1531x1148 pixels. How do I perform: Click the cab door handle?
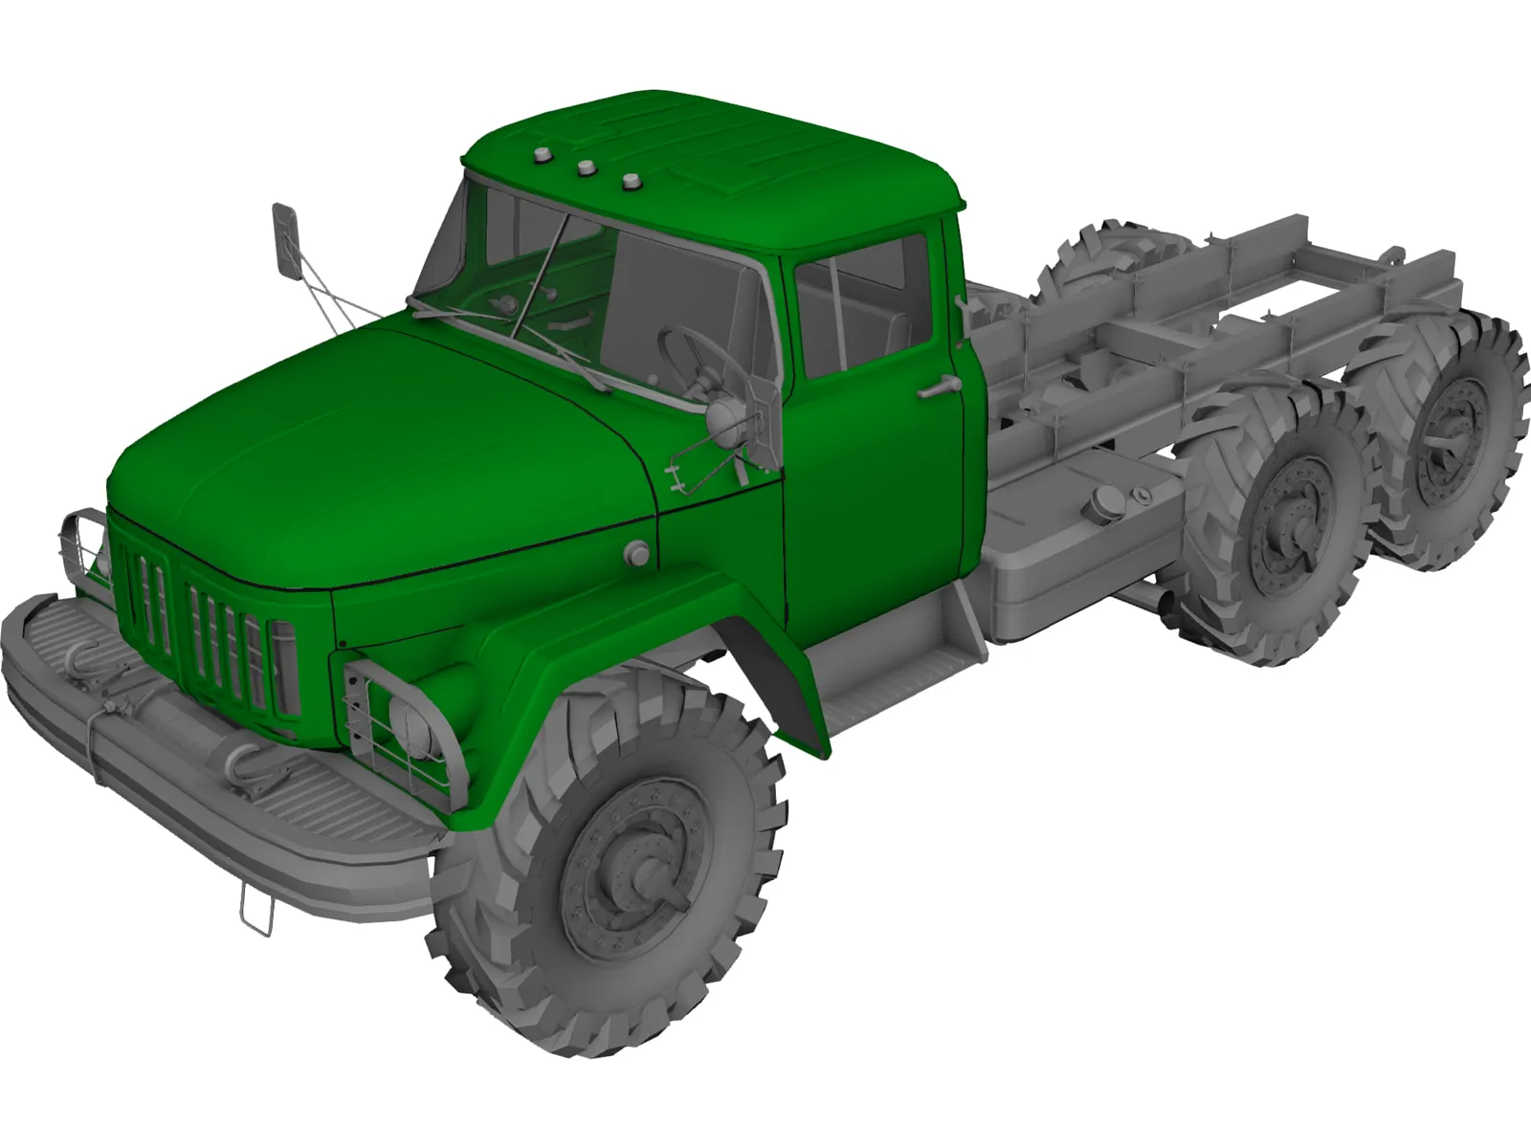click(938, 386)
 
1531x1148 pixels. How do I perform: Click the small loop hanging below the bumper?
click(256, 911)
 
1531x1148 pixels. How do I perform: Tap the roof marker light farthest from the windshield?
click(631, 181)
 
